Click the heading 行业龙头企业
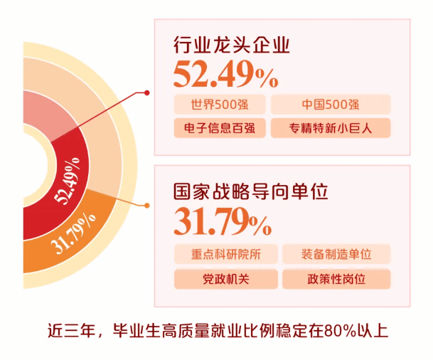point(231,45)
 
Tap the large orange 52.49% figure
point(225,74)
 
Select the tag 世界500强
point(220,105)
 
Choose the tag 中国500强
point(331,105)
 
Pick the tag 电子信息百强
point(220,128)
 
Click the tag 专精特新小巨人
point(331,128)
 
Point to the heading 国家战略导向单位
point(251,191)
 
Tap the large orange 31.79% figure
point(223,221)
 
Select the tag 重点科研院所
point(226,254)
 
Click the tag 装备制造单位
point(336,254)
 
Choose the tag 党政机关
point(226,279)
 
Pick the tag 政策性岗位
point(336,279)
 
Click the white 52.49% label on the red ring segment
point(67,181)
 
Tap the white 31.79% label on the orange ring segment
point(73,234)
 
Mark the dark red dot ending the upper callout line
point(147,92)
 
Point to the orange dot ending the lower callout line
point(147,206)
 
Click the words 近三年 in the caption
point(71,330)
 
